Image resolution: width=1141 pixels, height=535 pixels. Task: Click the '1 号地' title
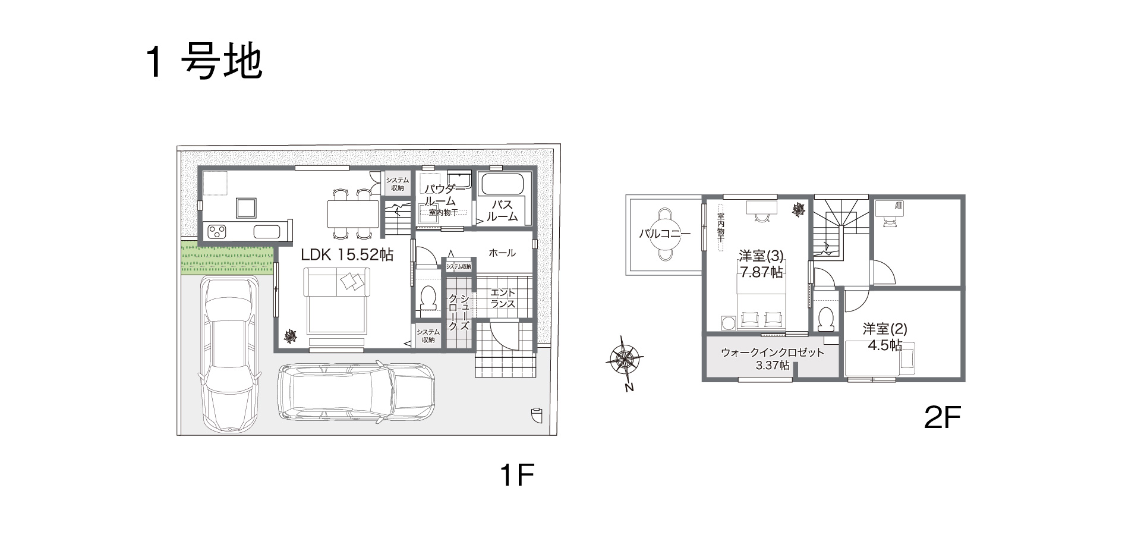[203, 62]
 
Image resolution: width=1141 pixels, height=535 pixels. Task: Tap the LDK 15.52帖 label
[347, 255]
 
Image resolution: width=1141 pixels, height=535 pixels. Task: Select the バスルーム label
[503, 211]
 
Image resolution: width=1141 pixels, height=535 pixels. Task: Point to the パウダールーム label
[440, 195]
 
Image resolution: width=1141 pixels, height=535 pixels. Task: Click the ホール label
[502, 253]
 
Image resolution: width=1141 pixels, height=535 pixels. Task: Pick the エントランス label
[503, 298]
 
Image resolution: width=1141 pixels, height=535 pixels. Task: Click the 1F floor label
[518, 476]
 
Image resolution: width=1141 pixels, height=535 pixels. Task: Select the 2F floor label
[943, 418]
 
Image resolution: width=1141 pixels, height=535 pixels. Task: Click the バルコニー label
[664, 234]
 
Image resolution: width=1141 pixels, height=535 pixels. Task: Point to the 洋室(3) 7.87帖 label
[761, 264]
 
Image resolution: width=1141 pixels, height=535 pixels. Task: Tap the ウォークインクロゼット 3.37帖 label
[773, 359]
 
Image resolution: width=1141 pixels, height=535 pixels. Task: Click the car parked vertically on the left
[229, 354]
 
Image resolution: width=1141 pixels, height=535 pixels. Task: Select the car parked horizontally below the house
[357, 391]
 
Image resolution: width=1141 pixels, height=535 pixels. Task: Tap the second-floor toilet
[825, 319]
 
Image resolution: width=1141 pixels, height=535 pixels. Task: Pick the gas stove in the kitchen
[216, 231]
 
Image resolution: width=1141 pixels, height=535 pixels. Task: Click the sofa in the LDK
[336, 301]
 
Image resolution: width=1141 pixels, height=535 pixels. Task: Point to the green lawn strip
[227, 259]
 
